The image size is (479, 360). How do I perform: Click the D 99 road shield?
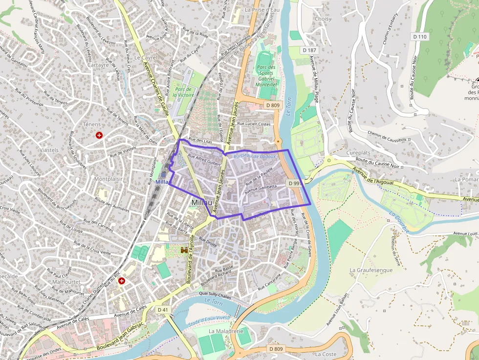293,183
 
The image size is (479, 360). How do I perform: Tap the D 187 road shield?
309,50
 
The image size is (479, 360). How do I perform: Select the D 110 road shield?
419,36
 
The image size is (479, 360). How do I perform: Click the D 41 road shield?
163,310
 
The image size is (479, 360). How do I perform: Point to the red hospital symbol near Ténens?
100,135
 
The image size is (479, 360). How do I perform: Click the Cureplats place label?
358,152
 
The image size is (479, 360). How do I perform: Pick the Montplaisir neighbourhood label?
108,179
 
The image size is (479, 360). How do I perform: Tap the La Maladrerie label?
226,331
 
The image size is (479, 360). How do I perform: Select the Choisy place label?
323,19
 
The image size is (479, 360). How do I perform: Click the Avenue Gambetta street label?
261,188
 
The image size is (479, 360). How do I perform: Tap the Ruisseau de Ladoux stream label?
255,156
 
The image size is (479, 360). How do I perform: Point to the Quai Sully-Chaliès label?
215,295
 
